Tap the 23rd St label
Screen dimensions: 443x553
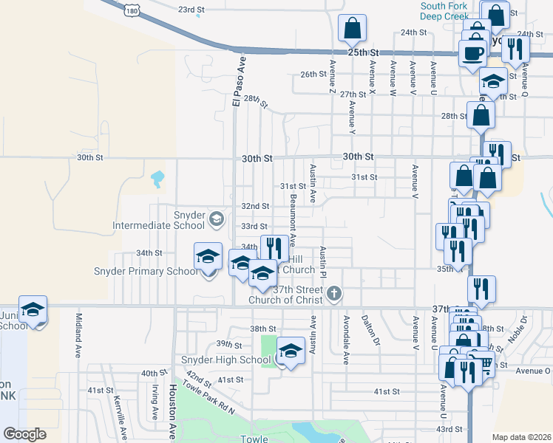191,10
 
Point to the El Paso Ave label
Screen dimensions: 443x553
239,80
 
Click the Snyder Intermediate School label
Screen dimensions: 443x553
158,220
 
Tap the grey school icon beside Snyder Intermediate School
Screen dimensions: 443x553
217,218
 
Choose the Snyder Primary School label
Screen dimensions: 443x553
145,271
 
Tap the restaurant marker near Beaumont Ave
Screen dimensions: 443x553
274,247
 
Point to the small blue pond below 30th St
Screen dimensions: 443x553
157,178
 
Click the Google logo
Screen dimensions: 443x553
24,434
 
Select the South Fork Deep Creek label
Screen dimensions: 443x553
445,10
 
